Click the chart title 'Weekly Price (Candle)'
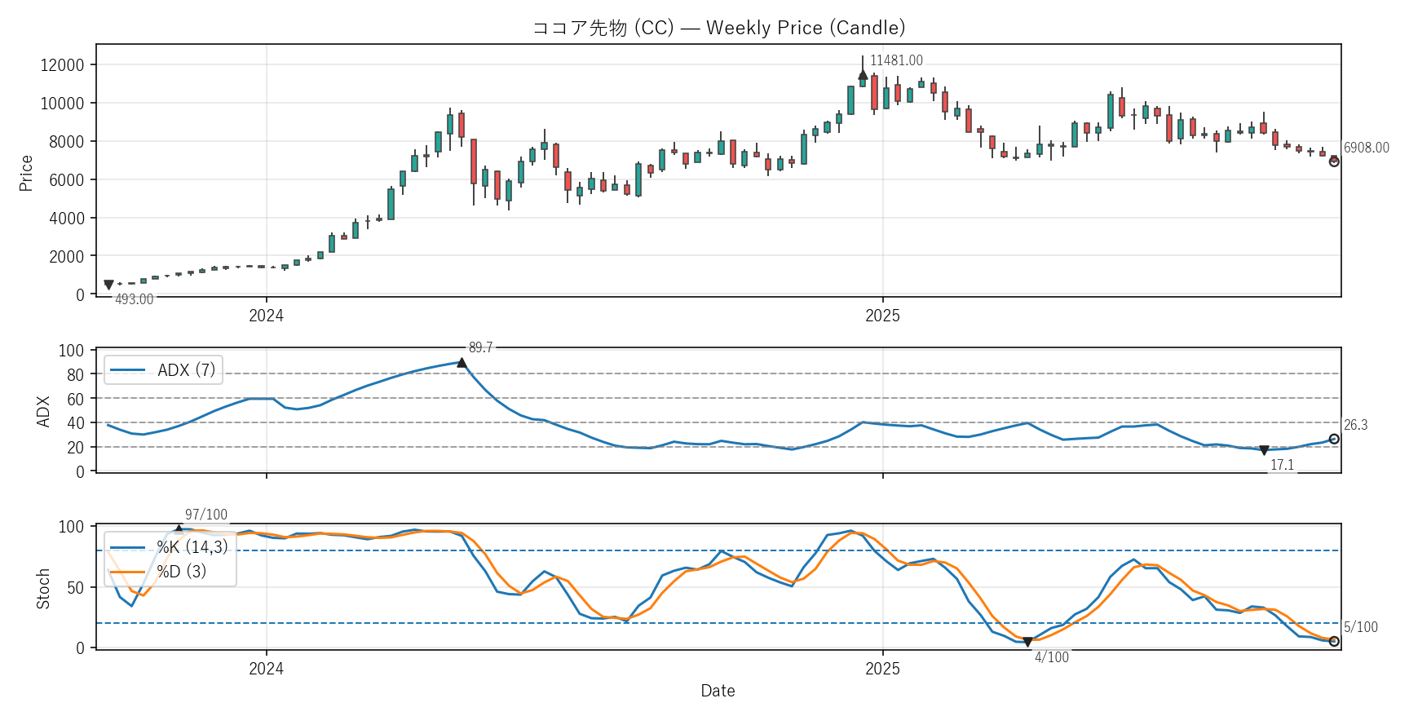point(718,28)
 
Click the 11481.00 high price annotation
point(896,60)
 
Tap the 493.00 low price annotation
point(134,299)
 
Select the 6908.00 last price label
point(1367,148)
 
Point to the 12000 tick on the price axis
point(63,65)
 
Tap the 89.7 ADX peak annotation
point(480,347)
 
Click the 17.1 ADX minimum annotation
point(1282,465)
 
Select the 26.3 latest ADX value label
point(1355,425)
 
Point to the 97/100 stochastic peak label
point(206,515)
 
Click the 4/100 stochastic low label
point(1052,657)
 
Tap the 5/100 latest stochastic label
point(1360,627)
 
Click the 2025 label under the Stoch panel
point(882,669)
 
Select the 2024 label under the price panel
point(266,316)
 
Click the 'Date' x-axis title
point(718,691)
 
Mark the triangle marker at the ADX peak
point(462,363)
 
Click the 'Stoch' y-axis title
point(43,589)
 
